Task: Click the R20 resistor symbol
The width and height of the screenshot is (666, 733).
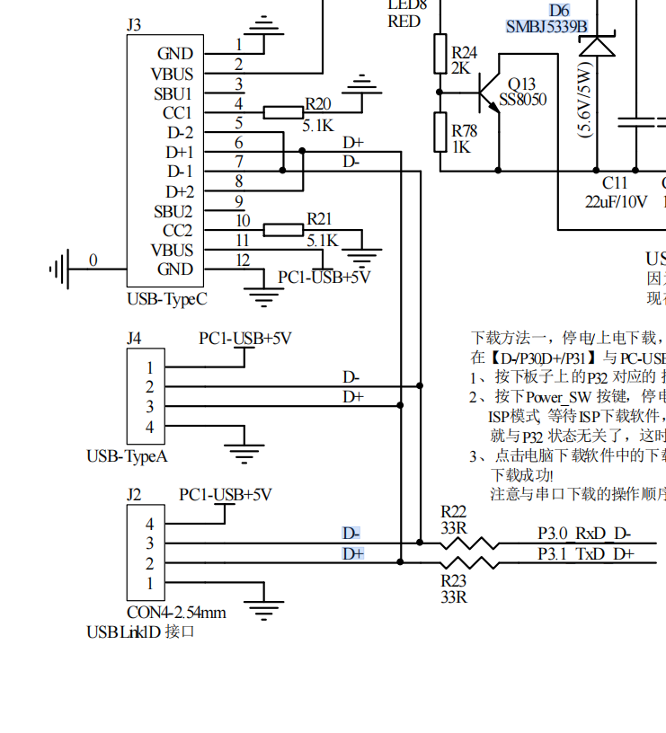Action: coord(283,112)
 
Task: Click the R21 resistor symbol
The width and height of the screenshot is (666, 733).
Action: coord(283,230)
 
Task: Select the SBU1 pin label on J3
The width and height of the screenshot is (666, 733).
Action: coord(173,93)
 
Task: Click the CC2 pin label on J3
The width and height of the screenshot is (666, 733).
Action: coord(177,231)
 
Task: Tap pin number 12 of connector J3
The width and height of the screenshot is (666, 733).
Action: coord(243,260)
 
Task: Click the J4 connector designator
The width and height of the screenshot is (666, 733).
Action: coord(134,339)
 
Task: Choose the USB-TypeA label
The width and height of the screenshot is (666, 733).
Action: coord(127,456)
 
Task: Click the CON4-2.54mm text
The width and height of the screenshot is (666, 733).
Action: coord(176,613)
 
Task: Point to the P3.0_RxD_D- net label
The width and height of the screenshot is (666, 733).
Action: coord(584,534)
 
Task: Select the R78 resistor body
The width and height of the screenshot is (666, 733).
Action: coord(440,132)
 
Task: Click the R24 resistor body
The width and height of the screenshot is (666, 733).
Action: coord(440,54)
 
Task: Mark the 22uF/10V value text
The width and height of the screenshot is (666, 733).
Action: coord(616,202)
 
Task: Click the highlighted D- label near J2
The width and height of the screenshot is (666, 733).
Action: coord(351,534)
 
